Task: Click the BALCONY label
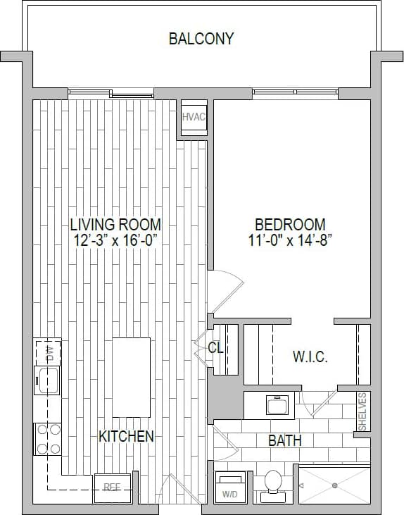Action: pos(201,38)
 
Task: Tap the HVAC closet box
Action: pos(193,117)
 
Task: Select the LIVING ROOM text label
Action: pos(115,225)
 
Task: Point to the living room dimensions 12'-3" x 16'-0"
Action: pos(115,240)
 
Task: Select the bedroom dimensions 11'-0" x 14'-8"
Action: pos(290,240)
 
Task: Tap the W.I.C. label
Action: pos(310,357)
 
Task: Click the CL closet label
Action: pos(215,347)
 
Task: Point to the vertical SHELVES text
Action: pos(362,411)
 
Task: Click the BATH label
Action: pos(285,441)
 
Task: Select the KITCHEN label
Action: pos(126,437)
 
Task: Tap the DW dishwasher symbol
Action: pos(48,352)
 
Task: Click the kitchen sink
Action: pos(47,380)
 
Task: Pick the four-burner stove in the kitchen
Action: pos(47,438)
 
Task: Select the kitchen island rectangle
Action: pos(131,377)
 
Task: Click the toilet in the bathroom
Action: pos(272,484)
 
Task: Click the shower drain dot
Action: pos(335,485)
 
